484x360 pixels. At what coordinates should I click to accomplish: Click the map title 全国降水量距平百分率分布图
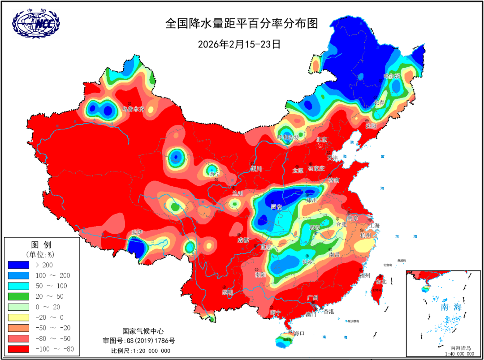click(242, 23)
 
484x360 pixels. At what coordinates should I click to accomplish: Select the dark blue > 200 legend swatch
click(19, 265)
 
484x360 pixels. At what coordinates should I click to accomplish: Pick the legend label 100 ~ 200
click(52, 275)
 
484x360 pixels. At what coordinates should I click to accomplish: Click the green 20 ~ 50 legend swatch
click(19, 296)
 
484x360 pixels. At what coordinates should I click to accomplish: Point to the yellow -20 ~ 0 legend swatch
click(19, 317)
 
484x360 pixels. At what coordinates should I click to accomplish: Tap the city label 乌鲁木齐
click(134, 109)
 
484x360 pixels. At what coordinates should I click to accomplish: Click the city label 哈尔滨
click(392, 76)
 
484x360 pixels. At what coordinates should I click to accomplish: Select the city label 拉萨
click(137, 233)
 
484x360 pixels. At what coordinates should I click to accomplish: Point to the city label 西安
click(277, 207)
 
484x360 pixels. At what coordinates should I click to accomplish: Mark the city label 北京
click(322, 139)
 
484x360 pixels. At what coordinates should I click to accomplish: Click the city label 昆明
click(227, 292)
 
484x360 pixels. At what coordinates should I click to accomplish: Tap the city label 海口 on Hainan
click(299, 333)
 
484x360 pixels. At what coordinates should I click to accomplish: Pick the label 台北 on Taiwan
click(380, 282)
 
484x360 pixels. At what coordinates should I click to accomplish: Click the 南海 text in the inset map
click(451, 308)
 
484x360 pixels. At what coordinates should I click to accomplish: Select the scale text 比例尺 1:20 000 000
click(141, 350)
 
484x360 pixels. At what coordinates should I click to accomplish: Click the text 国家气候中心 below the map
click(141, 331)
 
